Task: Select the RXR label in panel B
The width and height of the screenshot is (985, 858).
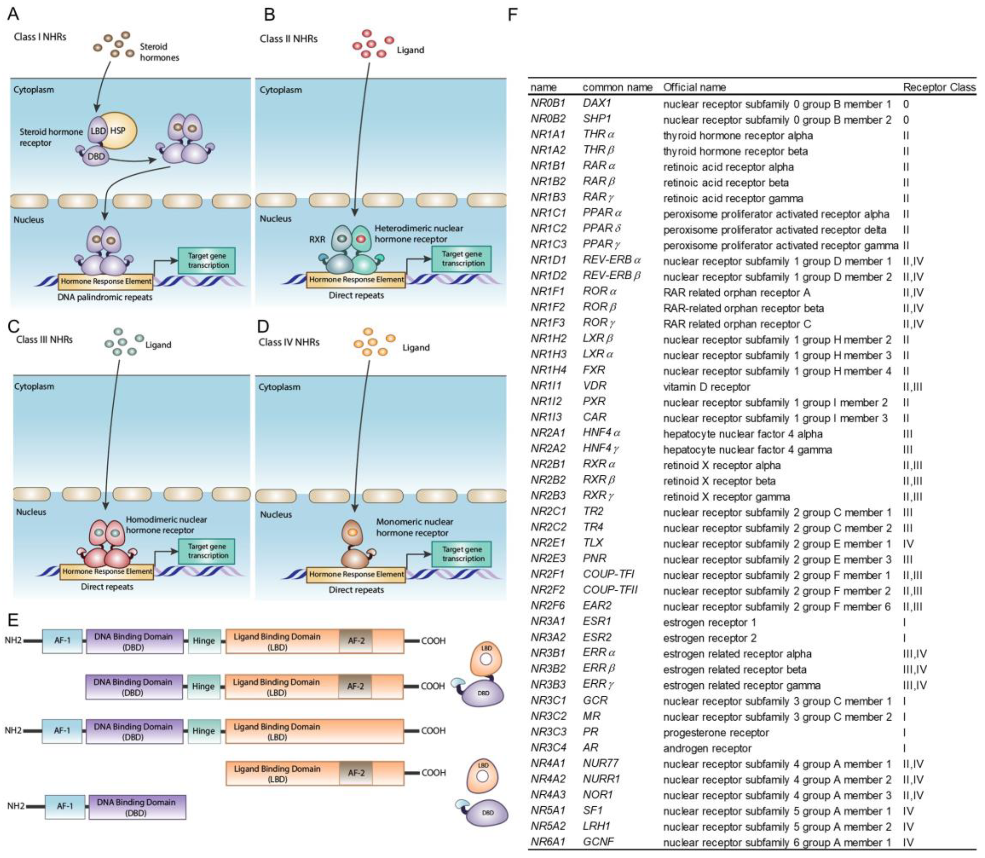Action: click(x=317, y=239)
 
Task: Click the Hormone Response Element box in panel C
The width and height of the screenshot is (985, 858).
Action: click(x=107, y=571)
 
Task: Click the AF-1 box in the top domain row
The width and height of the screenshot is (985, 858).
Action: click(x=62, y=640)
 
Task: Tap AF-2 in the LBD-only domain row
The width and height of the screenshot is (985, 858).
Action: click(x=356, y=773)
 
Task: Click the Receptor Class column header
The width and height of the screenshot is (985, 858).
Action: click(x=938, y=87)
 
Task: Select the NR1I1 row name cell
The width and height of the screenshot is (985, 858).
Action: click(x=546, y=386)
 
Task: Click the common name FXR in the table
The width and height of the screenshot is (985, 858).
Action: click(x=594, y=370)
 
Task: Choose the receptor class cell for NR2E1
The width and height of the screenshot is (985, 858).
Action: click(x=908, y=544)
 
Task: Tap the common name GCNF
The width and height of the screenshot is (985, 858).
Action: click(x=598, y=841)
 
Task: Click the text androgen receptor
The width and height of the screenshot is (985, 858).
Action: click(x=707, y=748)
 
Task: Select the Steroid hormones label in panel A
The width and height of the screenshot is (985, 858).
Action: click(x=159, y=52)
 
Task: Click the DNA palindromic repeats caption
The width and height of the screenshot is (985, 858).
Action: click(x=105, y=297)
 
